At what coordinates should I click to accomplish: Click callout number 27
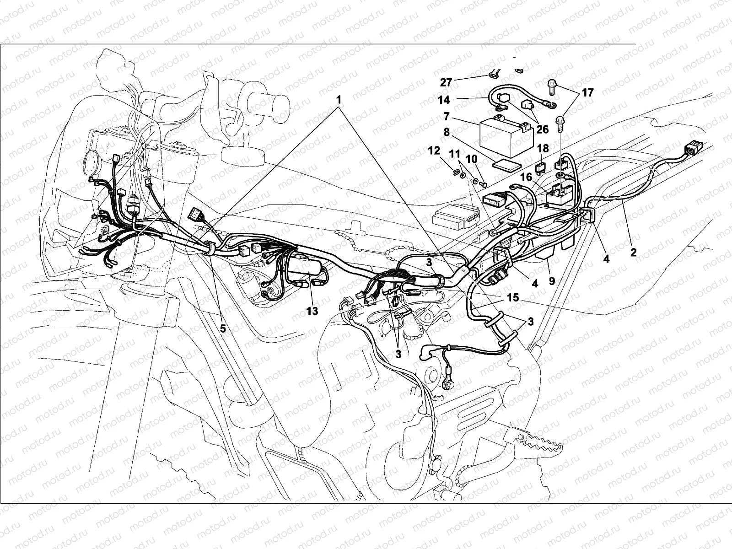tap(446, 82)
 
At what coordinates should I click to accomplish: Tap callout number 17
tap(587, 93)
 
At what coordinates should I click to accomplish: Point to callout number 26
tap(543, 129)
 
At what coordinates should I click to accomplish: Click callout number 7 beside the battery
tap(447, 117)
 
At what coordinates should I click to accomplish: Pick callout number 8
tap(447, 132)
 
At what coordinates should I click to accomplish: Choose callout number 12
tap(434, 151)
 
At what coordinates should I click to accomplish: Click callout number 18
tap(543, 149)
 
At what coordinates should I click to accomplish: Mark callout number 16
tap(526, 177)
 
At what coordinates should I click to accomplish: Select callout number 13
tap(312, 311)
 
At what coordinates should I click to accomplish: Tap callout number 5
tap(223, 328)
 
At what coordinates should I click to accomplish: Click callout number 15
tap(512, 297)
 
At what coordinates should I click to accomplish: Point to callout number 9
tap(552, 281)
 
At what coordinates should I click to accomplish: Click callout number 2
tap(633, 253)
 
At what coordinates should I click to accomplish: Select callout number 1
tap(339, 100)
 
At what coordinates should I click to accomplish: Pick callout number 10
tap(471, 159)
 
